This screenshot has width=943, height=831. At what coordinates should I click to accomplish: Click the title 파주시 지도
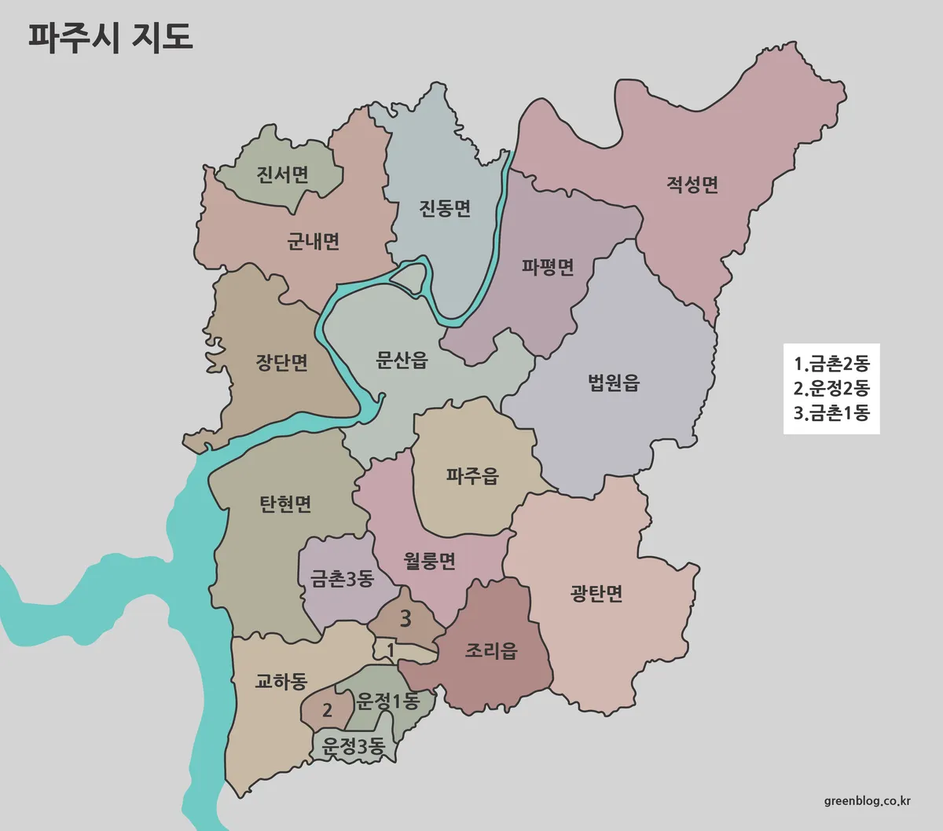(x=111, y=36)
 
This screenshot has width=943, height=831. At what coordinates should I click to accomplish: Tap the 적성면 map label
(x=692, y=185)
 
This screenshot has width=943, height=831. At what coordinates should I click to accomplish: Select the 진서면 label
(x=282, y=174)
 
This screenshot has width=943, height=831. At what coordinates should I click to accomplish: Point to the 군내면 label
(x=313, y=240)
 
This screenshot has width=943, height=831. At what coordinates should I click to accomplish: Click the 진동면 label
(x=445, y=208)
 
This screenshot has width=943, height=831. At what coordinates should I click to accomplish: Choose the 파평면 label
(x=548, y=267)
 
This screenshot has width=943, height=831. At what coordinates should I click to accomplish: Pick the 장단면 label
(x=281, y=362)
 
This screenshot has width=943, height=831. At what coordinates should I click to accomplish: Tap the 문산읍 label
(x=402, y=361)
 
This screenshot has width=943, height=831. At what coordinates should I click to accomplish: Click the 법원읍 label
(x=614, y=383)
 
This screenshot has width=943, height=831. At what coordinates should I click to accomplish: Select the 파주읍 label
(x=472, y=476)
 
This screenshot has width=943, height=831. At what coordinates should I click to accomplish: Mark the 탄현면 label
(x=285, y=503)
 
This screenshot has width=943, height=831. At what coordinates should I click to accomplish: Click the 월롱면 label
(x=429, y=561)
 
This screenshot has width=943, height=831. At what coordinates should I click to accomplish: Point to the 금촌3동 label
(x=342, y=580)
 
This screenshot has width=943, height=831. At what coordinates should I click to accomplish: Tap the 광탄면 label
(x=596, y=593)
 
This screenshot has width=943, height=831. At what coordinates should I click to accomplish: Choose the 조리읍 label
(x=491, y=650)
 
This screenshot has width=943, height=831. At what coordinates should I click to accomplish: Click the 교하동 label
(x=281, y=681)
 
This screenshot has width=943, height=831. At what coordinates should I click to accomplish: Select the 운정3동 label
(x=354, y=747)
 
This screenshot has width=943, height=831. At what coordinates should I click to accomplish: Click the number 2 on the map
(x=327, y=711)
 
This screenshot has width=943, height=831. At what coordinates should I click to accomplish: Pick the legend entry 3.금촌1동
(x=831, y=412)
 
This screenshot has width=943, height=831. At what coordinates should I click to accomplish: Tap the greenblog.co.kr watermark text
(x=868, y=801)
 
